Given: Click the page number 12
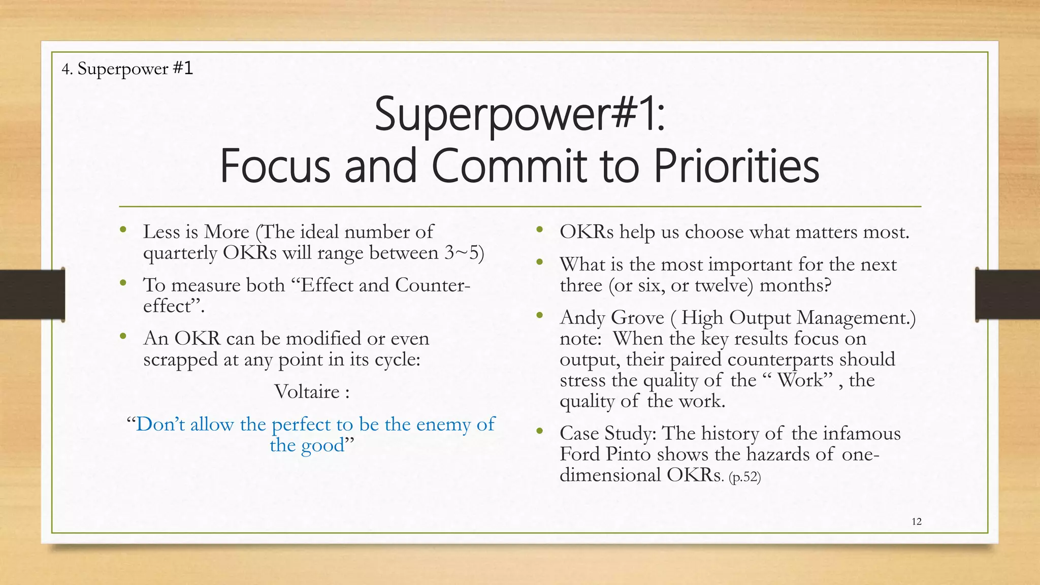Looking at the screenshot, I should pos(916,522).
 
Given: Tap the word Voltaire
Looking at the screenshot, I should pos(307,392).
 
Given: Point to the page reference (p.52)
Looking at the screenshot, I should pos(744,477).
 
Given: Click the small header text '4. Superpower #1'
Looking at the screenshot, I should pos(127,69).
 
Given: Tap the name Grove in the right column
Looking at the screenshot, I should pos(637,318).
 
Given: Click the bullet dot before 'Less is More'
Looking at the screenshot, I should pos(122,230).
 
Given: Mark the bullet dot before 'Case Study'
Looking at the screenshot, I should pos(539,431).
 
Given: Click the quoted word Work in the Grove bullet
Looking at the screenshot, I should pos(800,380).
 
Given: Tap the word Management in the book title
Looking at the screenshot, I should pos(854,318).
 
